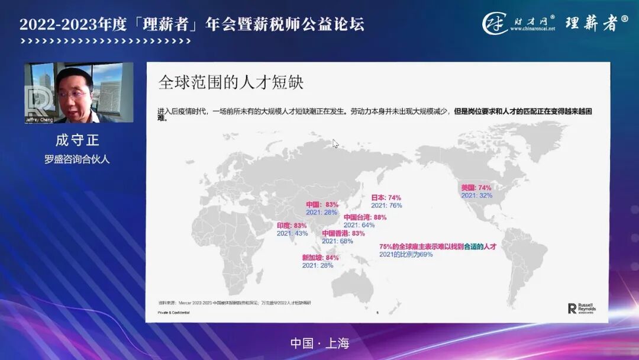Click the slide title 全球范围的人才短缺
tap(231, 82)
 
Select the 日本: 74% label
tap(386, 198)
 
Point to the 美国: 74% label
tap(476, 188)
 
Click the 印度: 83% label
tap(292, 226)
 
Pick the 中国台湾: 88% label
tap(364, 217)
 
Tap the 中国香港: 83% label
tap(343, 233)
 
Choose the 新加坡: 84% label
tap(320, 258)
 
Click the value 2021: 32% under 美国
tap(476, 195)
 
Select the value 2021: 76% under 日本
tap(386, 205)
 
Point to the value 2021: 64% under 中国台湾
tap(359, 225)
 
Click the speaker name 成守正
tap(78, 141)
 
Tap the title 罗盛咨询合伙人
tap(78, 159)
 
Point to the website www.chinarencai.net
tap(532, 28)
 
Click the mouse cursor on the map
tap(335, 143)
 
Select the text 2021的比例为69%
tap(406, 254)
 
